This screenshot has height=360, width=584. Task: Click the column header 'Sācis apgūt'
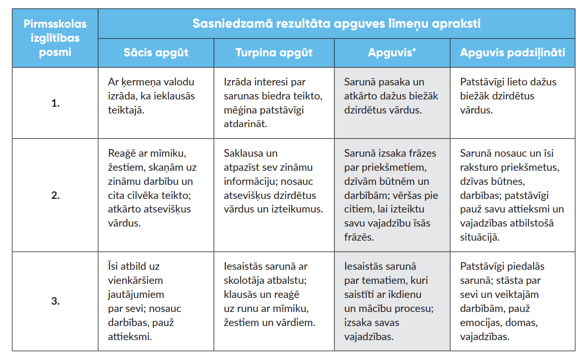click(155, 52)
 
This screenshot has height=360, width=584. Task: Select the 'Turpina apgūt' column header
click(274, 52)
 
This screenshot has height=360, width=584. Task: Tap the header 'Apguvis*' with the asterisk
click(392, 52)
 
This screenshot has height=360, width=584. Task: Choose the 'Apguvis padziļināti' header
click(512, 52)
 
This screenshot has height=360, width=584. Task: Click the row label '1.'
click(55, 103)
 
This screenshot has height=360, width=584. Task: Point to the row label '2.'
click(55, 196)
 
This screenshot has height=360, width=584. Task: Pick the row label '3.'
click(55, 301)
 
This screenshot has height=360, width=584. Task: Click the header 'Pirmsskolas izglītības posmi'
click(55, 37)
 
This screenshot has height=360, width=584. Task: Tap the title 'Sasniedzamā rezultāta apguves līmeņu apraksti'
click(336, 23)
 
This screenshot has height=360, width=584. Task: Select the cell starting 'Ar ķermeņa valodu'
click(151, 96)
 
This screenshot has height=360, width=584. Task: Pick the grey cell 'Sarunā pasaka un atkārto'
click(391, 96)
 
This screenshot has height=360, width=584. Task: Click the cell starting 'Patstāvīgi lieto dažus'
click(508, 96)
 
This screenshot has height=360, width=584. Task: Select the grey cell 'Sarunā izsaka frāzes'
click(390, 196)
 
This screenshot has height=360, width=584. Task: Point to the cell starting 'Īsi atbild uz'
click(138, 301)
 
